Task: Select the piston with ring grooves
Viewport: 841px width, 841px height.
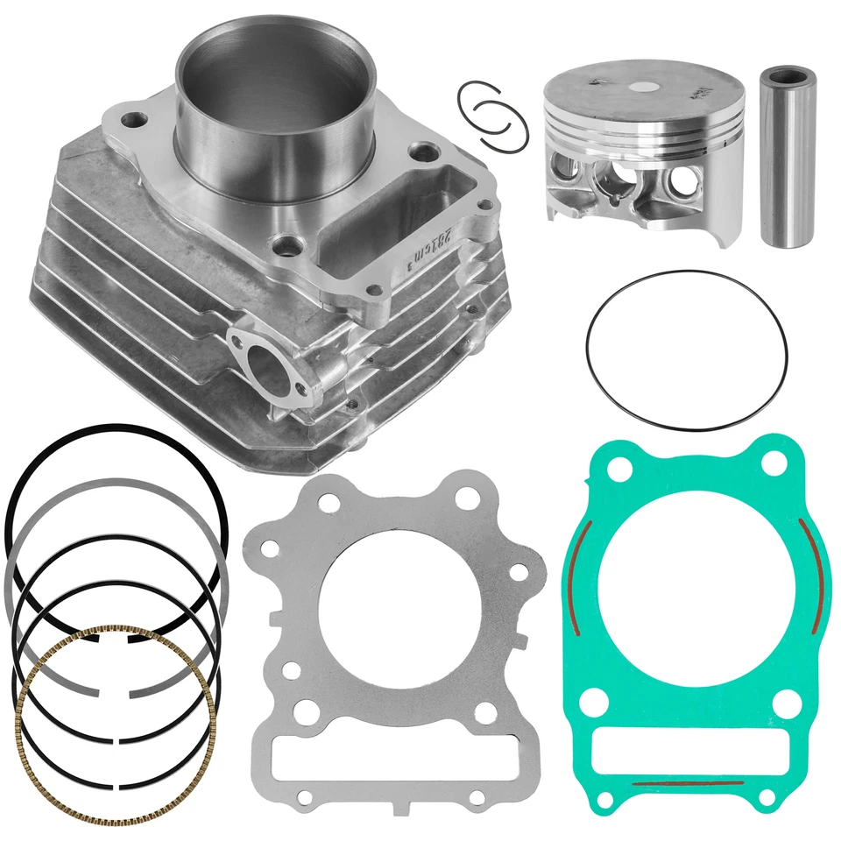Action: tap(643, 149)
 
